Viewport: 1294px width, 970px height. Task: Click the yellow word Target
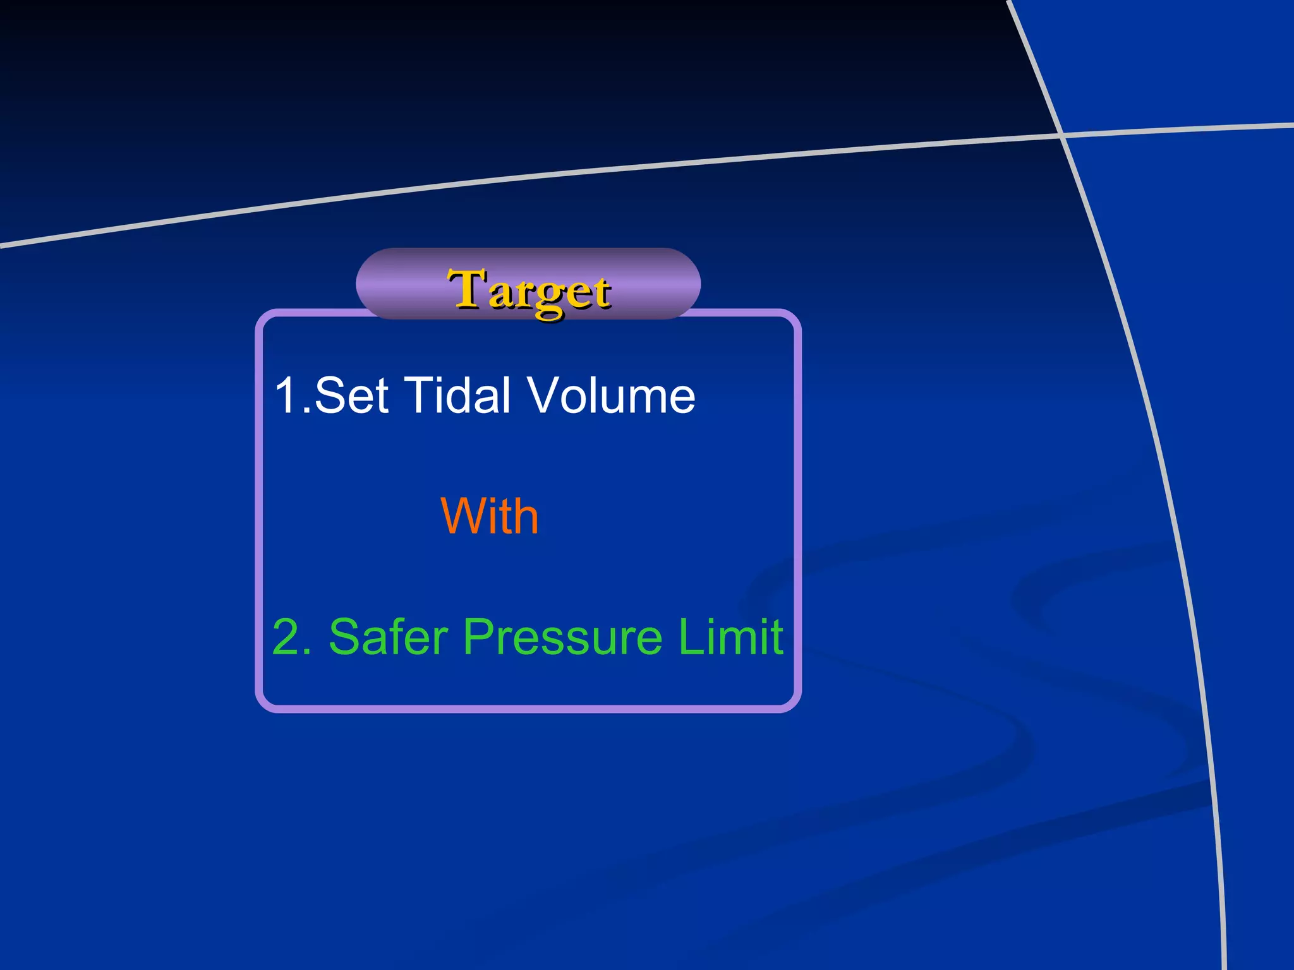[529, 291]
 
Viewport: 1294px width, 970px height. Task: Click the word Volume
[611, 396]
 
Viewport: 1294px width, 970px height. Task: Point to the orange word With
[490, 516]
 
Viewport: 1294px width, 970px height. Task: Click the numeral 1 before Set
[286, 396]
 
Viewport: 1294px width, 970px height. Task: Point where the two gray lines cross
[1061, 134]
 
